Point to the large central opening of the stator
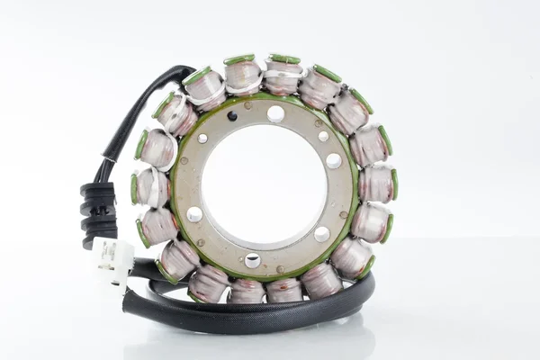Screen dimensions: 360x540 click(265, 185)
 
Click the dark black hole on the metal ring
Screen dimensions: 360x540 click(232, 116)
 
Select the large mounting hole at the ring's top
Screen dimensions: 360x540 click(275, 113)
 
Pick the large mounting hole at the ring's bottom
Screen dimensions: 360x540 click(253, 260)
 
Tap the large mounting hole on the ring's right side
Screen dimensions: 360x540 click(333, 160)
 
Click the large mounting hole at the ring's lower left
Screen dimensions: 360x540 click(194, 214)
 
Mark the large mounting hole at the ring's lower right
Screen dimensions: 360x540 click(321, 234)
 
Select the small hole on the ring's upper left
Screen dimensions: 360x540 click(202, 139)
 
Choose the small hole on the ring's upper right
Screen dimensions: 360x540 click(323, 136)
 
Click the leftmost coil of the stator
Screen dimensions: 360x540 click(150, 187)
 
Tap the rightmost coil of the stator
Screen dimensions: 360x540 click(378, 183)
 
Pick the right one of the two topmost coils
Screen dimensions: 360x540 click(283, 76)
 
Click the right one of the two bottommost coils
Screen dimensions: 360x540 click(284, 290)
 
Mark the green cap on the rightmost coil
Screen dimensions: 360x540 click(394, 184)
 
